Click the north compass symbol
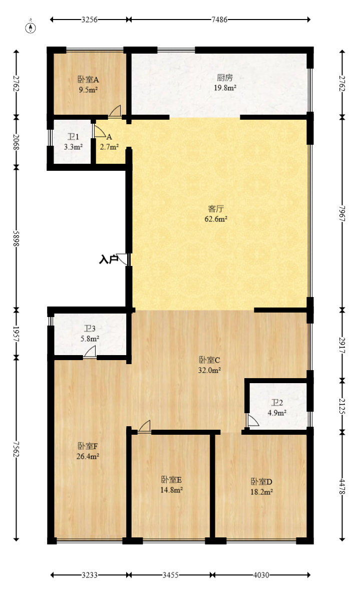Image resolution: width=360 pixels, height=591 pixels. [x=31, y=28]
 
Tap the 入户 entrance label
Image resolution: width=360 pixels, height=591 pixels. [x=108, y=259]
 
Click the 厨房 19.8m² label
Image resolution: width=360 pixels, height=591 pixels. [x=225, y=82]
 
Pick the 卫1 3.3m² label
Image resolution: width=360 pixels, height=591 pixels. [x=73, y=142]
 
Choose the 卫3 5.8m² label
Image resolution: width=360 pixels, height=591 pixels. [x=90, y=333]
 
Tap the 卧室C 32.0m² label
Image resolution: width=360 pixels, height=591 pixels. [x=210, y=365]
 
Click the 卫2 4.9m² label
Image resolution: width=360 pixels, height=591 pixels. [x=277, y=408]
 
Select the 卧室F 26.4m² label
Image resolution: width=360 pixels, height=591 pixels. [x=88, y=451]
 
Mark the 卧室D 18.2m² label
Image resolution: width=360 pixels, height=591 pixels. [x=261, y=487]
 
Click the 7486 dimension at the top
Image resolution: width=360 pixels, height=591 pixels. [x=219, y=20]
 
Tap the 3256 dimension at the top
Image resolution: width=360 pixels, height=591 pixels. [x=89, y=20]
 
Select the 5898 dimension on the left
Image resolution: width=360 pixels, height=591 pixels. [x=17, y=237]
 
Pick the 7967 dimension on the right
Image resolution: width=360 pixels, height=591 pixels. [x=342, y=213]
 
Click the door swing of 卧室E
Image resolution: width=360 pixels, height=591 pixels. [x=145, y=426]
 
